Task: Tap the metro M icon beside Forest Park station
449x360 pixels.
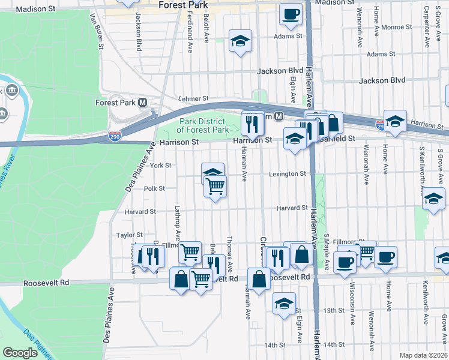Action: click(143, 103)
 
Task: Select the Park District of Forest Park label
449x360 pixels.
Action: click(203, 126)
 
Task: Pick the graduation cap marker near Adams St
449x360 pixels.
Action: click(241, 41)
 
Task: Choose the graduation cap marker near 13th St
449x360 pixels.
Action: click(284, 303)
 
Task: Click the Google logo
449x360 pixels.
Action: click(20, 353)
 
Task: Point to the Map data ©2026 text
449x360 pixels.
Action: click(423, 355)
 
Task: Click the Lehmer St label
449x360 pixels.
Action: click(193, 98)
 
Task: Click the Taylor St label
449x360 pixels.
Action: click(130, 235)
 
